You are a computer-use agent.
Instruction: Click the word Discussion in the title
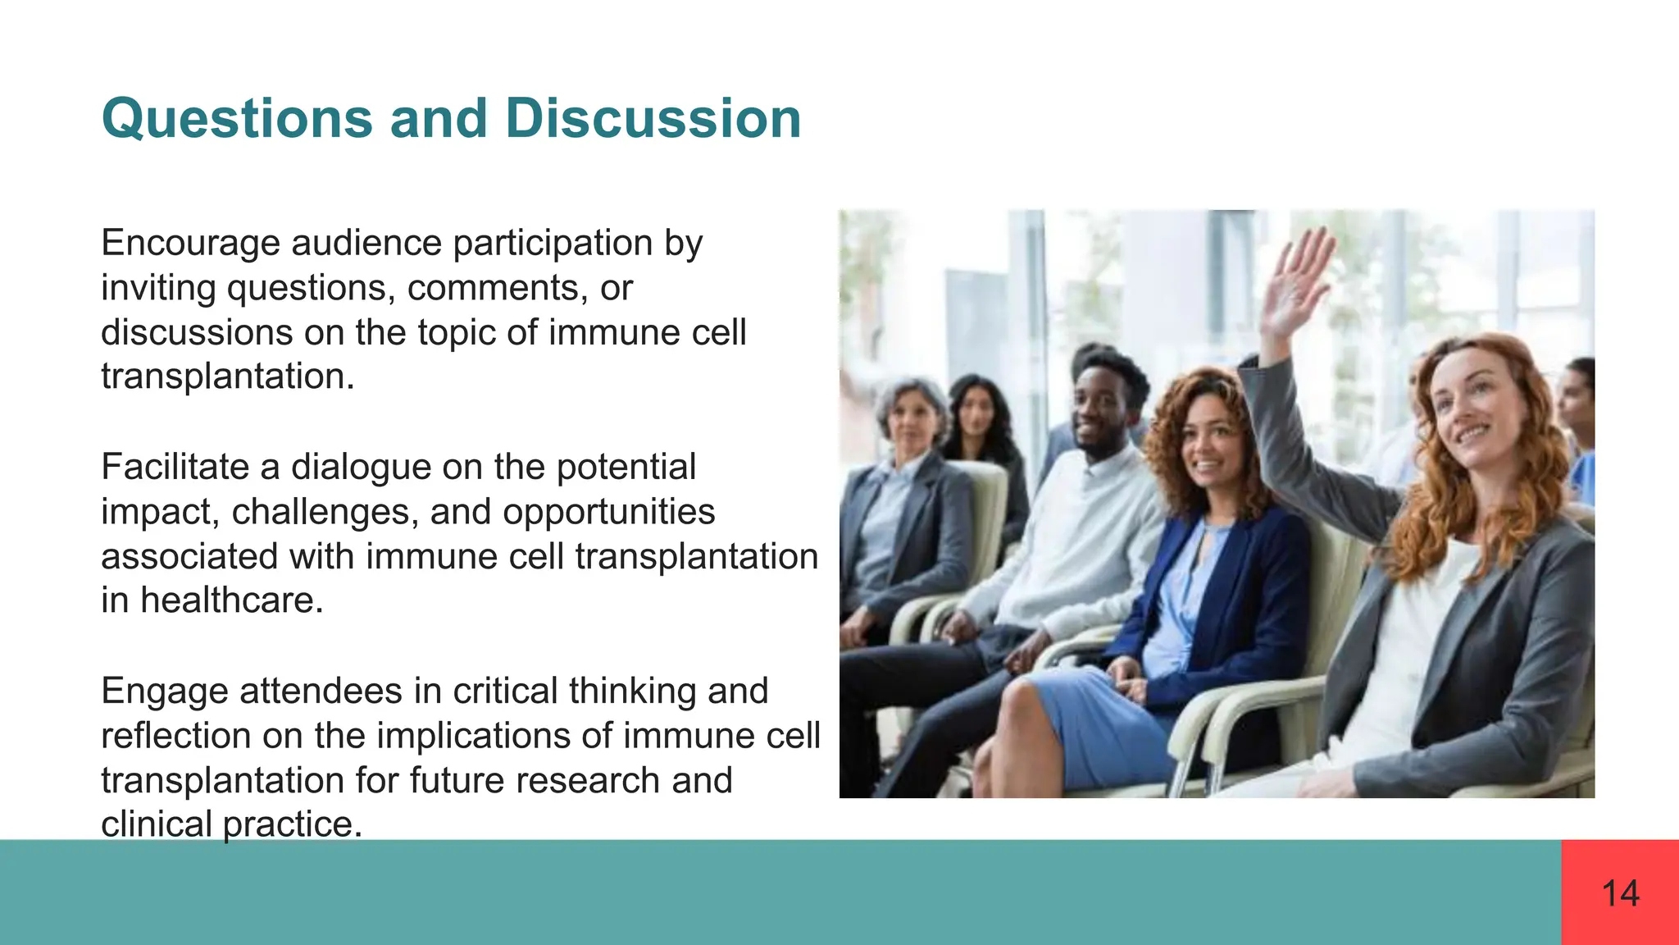653,120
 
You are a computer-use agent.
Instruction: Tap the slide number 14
1620,893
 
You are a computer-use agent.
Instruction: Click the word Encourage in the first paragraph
190,244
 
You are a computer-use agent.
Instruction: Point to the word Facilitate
175,468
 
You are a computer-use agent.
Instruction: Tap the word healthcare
232,601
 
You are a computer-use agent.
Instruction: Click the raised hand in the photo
1295,283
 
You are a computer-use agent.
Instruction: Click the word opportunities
608,513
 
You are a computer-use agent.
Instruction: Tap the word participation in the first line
553,244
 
